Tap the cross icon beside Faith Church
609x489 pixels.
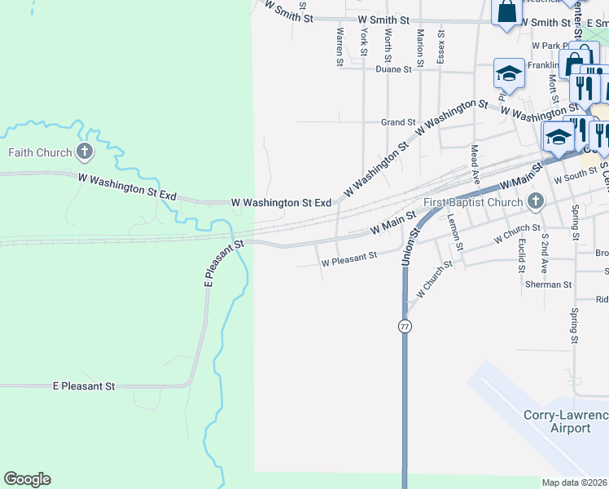coord(85,151)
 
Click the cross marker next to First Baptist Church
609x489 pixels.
coord(535,200)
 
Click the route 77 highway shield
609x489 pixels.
coord(405,326)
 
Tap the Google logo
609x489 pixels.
coord(27,479)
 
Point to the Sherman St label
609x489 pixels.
coord(548,284)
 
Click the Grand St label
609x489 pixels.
coord(398,122)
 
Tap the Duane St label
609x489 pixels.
coord(394,69)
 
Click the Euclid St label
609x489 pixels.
coord(522,256)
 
